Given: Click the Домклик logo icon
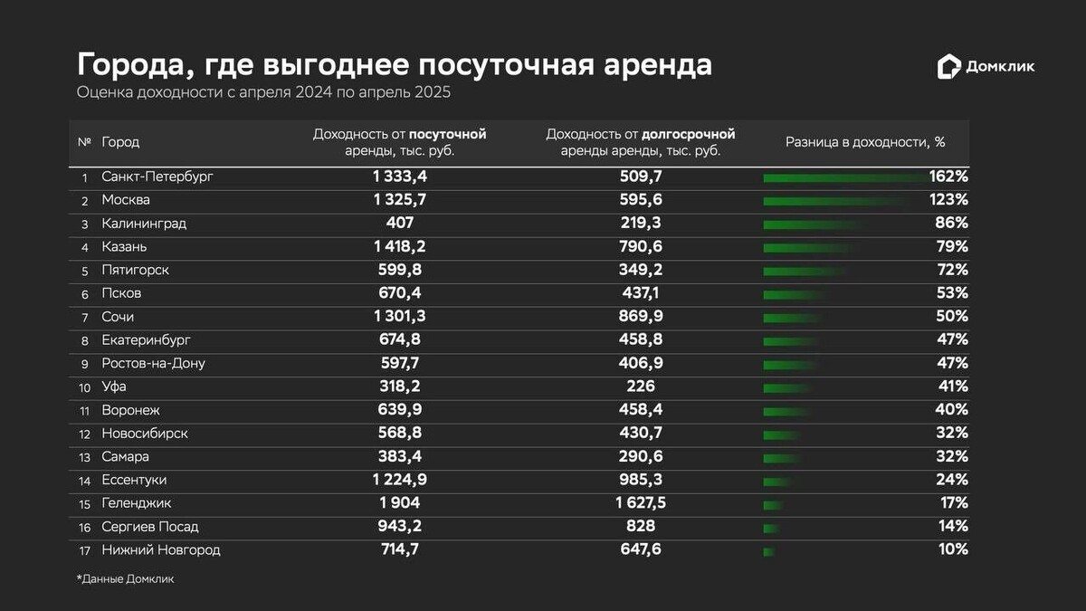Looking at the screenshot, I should pyautogui.click(x=948, y=66).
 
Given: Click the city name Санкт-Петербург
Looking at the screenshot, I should pyautogui.click(x=157, y=177).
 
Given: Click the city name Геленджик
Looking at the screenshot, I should pyautogui.click(x=137, y=503).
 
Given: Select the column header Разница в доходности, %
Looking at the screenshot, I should pyautogui.click(x=864, y=142).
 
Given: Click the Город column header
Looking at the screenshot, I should pyautogui.click(x=120, y=142).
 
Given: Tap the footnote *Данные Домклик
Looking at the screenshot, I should pyautogui.click(x=125, y=579).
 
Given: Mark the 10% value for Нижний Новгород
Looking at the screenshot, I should pyautogui.click(x=953, y=549).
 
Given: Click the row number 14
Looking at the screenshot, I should pyautogui.click(x=84, y=480).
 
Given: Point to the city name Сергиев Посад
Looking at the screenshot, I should pyautogui.click(x=150, y=527).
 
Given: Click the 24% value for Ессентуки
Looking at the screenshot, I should pyautogui.click(x=953, y=480).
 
